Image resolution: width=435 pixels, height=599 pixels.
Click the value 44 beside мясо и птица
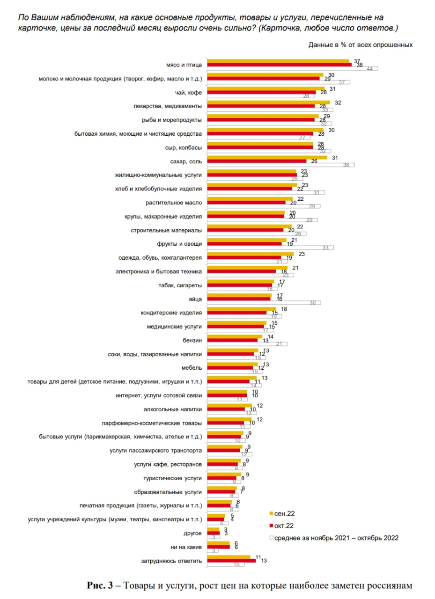[x=369, y=69]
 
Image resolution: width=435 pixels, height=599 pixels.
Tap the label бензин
[x=192, y=340]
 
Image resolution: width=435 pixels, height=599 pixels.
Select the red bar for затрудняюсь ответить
[x=231, y=560]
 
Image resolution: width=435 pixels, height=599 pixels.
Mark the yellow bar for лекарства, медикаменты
[x=268, y=102]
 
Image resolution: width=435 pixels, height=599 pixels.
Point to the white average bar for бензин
[x=247, y=344]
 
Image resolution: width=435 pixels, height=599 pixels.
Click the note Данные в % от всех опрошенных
[x=360, y=45]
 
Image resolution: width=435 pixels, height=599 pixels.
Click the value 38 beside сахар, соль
[x=347, y=165]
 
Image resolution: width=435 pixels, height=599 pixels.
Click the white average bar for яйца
[x=264, y=302]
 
